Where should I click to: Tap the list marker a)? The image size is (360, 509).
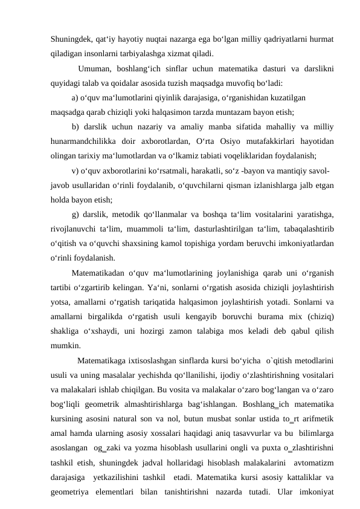point(75,97)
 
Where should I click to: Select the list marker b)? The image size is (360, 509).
point(75,126)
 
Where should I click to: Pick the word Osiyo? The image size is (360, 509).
point(235,141)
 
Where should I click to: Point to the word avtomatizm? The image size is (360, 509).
point(313,463)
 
